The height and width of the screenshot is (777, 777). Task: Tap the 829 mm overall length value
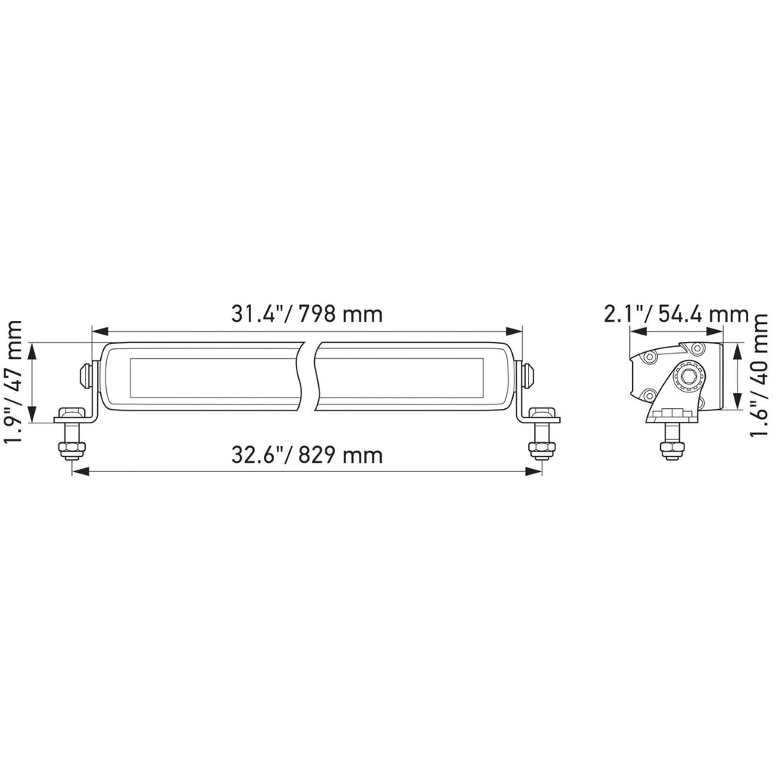pyautogui.click(x=342, y=455)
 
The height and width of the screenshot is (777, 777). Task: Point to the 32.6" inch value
pyautogui.click(x=261, y=455)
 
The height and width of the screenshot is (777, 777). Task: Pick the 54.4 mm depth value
pyautogui.click(x=703, y=313)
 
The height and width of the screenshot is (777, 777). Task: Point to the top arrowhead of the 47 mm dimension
pyautogui.click(x=32, y=349)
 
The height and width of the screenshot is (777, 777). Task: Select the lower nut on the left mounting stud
pyautogui.click(x=73, y=450)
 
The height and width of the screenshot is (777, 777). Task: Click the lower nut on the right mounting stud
pyautogui.click(x=541, y=450)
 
